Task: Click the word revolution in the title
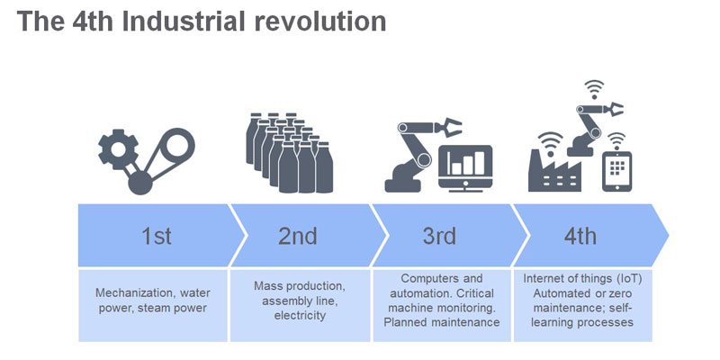click(320, 21)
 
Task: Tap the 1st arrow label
click(157, 237)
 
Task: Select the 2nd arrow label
click(298, 237)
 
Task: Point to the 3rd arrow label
click(439, 237)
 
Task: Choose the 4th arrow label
click(580, 237)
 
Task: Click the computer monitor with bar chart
click(465, 168)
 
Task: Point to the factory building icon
click(554, 170)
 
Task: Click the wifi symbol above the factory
click(550, 140)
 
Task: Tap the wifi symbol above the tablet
click(616, 139)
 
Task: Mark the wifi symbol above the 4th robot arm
click(594, 89)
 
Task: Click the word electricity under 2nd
click(300, 316)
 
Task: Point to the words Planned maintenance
click(441, 322)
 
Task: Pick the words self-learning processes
click(581, 314)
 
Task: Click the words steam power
click(175, 308)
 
